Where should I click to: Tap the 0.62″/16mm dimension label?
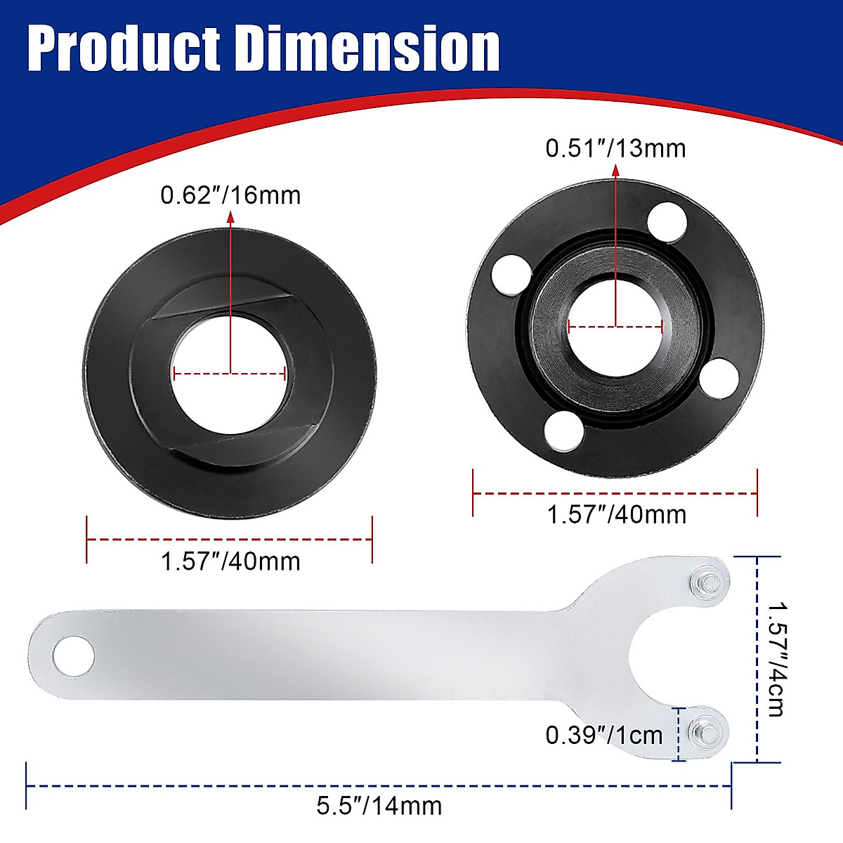tap(230, 195)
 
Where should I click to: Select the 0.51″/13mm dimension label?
tap(615, 148)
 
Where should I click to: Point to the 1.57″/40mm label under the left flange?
tap(230, 561)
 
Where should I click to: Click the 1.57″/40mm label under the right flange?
tap(616, 515)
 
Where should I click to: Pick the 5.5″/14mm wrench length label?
tap(379, 805)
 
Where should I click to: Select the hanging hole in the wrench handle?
tap(73, 656)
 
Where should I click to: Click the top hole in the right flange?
tap(667, 221)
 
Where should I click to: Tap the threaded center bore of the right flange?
tap(615, 325)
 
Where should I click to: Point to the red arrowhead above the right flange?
tap(616, 170)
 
